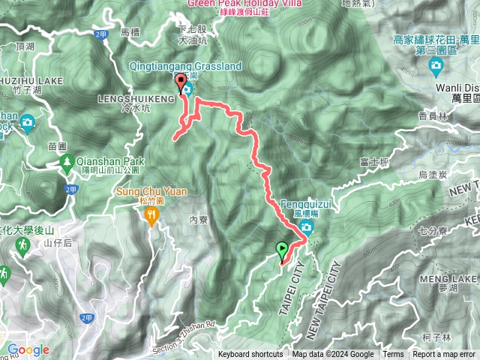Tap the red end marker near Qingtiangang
coord(181,83)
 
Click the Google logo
coord(28,349)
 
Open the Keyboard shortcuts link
coord(250,355)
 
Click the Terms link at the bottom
coord(393,355)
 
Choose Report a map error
coord(444,355)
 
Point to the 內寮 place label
coord(198,220)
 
